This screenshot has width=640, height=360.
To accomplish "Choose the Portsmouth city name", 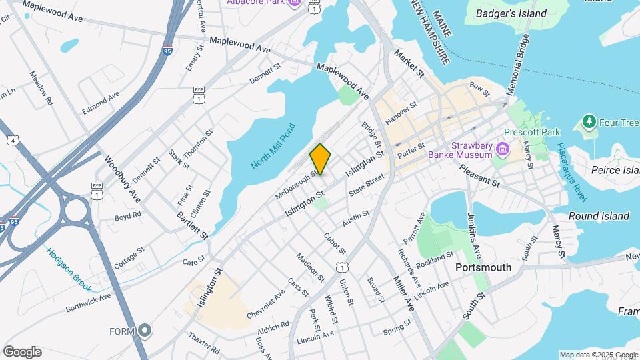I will point(483,267).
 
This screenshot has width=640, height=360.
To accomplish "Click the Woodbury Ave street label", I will point(123,179).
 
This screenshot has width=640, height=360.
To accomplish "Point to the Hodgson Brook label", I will point(69,269).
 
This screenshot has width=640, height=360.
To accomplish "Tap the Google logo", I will point(22,352).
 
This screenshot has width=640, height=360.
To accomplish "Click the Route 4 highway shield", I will point(13,141).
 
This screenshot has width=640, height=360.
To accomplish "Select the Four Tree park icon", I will point(589,122).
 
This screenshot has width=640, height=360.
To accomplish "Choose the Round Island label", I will point(599,216).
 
